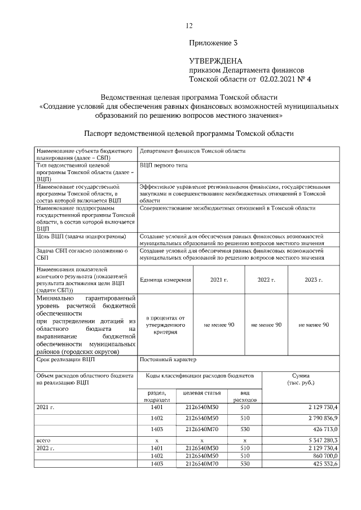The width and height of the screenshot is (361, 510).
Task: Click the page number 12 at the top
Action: point(190,25)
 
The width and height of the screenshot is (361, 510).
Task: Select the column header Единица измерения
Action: point(165,280)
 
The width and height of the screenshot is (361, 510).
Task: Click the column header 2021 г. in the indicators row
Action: point(219,280)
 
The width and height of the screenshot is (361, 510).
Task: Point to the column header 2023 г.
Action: point(314,280)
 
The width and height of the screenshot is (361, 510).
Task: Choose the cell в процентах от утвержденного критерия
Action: point(165,325)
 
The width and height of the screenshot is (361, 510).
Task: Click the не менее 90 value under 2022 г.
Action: point(266,325)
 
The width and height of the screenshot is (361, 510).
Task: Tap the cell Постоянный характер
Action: point(168,359)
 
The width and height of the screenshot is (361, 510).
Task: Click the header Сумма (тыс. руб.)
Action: point(301,379)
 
